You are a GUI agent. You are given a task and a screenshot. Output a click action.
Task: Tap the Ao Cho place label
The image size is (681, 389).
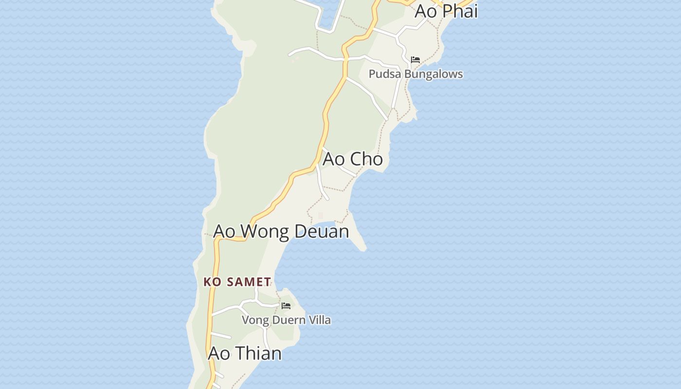point(353,159)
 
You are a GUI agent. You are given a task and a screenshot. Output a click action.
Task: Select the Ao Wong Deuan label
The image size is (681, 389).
point(281,231)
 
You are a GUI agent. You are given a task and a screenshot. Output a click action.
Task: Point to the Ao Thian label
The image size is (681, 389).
point(245,354)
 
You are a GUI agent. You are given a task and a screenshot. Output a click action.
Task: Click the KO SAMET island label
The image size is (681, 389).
point(237,282)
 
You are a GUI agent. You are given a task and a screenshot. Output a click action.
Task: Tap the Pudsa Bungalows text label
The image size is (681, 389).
point(415,74)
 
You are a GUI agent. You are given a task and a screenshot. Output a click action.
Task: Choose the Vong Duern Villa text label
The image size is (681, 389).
point(286,320)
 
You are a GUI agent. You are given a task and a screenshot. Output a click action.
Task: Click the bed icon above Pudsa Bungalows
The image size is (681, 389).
point(415,60)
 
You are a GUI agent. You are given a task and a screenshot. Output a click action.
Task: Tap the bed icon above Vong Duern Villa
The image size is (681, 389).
point(286,306)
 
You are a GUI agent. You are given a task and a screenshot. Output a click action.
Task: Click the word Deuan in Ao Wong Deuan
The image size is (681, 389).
point(322,231)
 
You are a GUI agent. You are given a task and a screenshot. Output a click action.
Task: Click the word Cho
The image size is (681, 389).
point(366,159)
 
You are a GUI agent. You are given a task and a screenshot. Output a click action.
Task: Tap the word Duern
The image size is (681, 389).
point(287,320)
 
